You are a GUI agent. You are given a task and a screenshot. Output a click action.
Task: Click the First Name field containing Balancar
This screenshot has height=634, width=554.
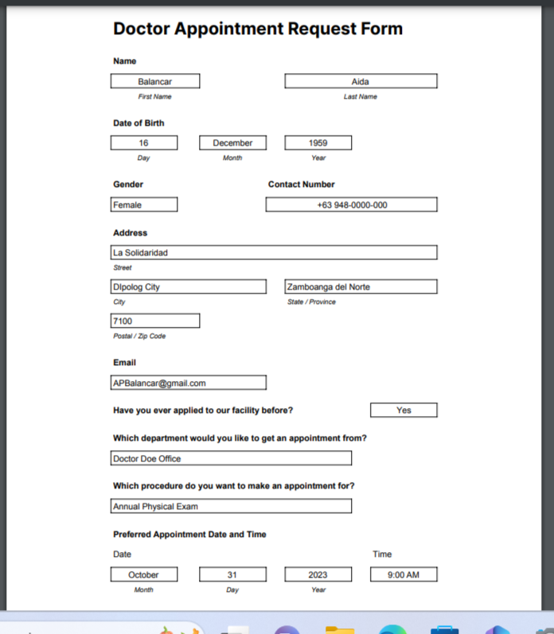pyautogui.click(x=155, y=81)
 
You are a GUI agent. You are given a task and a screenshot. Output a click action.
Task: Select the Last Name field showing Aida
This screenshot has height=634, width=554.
pyautogui.click(x=361, y=81)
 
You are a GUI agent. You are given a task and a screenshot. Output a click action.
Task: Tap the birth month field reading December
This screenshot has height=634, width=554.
pyautogui.click(x=232, y=143)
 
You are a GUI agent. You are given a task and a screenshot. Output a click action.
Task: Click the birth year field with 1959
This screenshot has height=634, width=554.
pyautogui.click(x=318, y=143)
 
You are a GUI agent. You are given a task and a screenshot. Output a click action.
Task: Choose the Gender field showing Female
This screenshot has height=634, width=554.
pyautogui.click(x=144, y=204)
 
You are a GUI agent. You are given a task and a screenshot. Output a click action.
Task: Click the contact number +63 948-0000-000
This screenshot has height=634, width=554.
pyautogui.click(x=351, y=204)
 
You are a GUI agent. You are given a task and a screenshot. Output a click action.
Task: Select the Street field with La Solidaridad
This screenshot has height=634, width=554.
pyautogui.click(x=274, y=252)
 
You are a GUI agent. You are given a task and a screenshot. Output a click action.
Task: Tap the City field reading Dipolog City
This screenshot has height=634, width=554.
pyautogui.click(x=189, y=286)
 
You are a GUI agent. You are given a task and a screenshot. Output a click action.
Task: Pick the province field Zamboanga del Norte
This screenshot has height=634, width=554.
pyautogui.click(x=361, y=286)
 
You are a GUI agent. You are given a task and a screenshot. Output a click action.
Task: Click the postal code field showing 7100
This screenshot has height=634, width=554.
pyautogui.click(x=155, y=321)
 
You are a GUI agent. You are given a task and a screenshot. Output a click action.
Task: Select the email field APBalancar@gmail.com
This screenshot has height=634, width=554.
pyautogui.click(x=189, y=383)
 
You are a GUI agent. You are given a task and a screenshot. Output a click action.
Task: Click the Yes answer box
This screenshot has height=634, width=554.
pyautogui.click(x=404, y=410)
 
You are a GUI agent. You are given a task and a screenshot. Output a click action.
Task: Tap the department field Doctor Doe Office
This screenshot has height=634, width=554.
pyautogui.click(x=231, y=458)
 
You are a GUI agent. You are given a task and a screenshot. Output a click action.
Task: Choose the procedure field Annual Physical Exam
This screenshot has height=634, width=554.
pyautogui.click(x=231, y=506)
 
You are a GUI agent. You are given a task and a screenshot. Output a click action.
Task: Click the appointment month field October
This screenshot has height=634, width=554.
pyautogui.click(x=144, y=574)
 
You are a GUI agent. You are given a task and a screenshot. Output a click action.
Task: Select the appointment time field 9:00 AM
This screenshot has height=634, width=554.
pyautogui.click(x=404, y=574)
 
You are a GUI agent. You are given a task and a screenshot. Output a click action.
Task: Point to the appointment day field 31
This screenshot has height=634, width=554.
pyautogui.click(x=232, y=574)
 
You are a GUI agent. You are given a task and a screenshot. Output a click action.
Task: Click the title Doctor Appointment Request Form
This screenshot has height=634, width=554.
pyautogui.click(x=258, y=29)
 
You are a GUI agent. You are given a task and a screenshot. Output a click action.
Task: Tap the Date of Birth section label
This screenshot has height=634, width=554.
pyautogui.click(x=138, y=123)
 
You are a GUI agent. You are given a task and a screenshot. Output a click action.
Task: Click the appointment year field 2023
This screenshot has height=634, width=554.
pyautogui.click(x=318, y=574)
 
